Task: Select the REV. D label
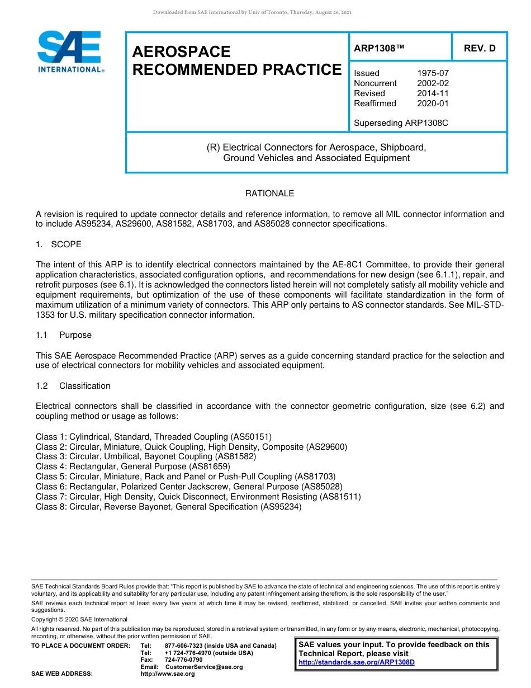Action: point(480,48)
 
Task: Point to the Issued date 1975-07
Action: point(433,73)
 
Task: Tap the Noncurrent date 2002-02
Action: point(433,83)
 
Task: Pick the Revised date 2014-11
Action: point(433,93)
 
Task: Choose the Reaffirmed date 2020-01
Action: point(433,103)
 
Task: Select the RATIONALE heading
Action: point(269,194)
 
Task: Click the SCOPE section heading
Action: point(66,244)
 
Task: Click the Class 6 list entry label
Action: point(51,487)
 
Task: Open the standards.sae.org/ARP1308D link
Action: point(357,662)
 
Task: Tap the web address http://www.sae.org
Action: point(168,673)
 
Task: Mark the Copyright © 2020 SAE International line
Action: point(79,619)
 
